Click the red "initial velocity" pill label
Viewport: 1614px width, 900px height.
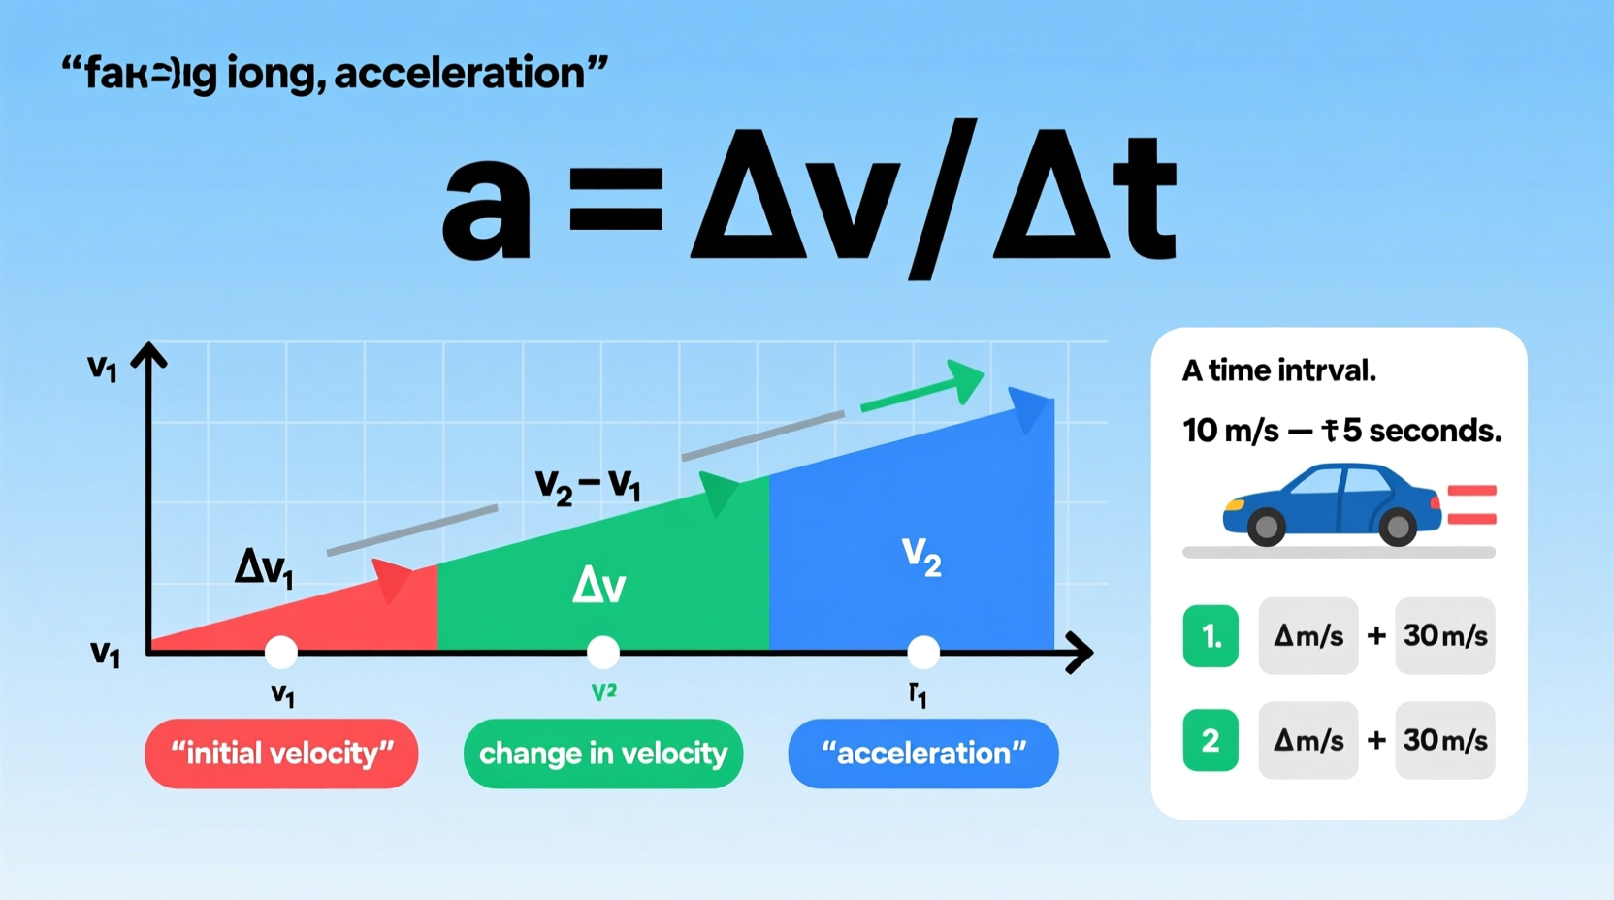tap(281, 754)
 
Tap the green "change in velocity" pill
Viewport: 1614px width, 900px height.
tap(603, 754)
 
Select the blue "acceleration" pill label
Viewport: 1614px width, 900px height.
tap(923, 754)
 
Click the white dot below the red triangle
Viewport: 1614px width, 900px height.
tap(281, 652)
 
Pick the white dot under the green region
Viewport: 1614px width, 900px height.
tap(603, 652)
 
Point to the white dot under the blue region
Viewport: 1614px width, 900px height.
tap(923, 652)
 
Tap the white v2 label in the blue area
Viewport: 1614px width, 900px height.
tap(920, 556)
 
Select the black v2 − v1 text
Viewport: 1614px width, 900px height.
tap(588, 484)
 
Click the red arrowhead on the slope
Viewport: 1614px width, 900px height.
tap(393, 580)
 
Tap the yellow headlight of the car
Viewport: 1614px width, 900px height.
tap(1234, 505)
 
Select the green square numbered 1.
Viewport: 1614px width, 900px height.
tap(1210, 636)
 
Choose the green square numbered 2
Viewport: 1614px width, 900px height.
tap(1210, 741)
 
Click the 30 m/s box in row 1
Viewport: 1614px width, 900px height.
tap(1445, 636)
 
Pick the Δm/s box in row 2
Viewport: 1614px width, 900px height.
tap(1307, 741)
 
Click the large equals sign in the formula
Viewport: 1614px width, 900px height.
tap(617, 199)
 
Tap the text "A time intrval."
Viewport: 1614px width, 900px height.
tap(1278, 370)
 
